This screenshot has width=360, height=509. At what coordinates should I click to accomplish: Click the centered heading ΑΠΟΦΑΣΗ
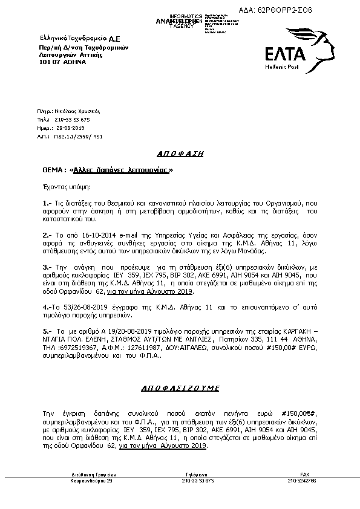point(180,154)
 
